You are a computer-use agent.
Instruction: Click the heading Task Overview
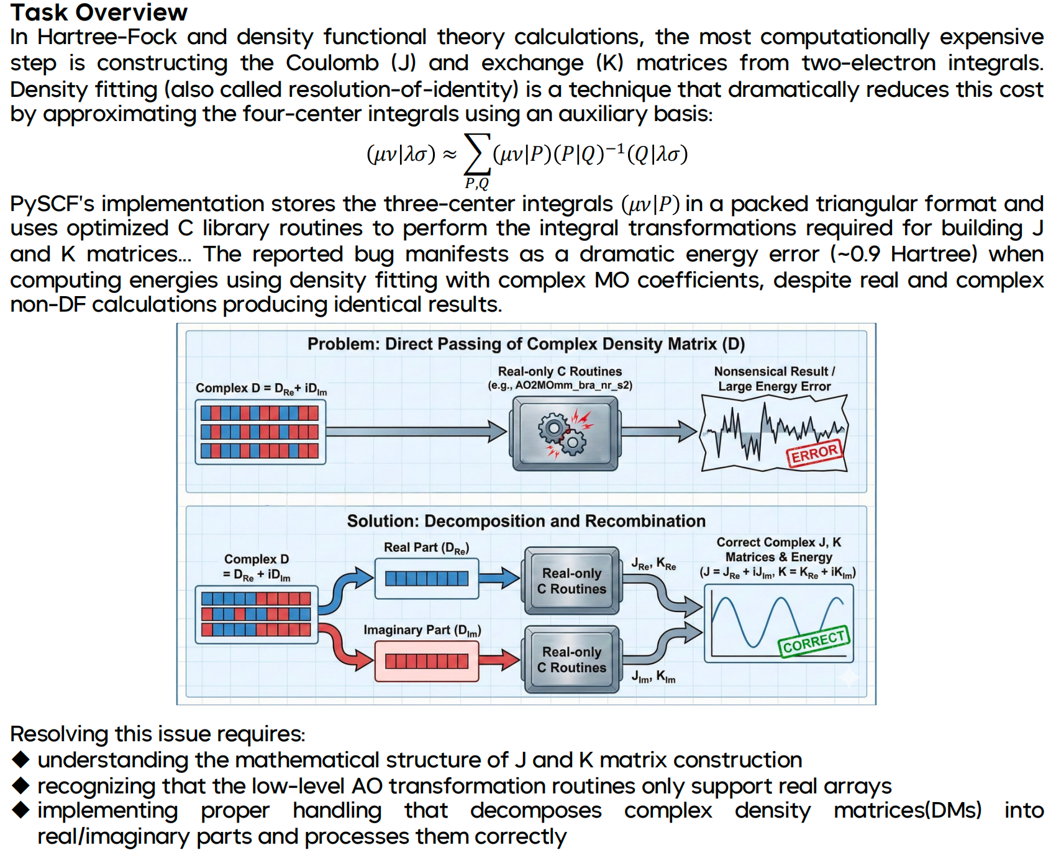click(98, 12)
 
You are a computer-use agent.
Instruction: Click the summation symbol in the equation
click(476, 154)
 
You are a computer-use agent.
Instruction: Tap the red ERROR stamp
click(814, 453)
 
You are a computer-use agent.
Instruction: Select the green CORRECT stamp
click(814, 641)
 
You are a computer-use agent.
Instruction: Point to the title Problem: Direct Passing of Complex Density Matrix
click(525, 344)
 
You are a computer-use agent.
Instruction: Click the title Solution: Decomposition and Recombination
click(525, 521)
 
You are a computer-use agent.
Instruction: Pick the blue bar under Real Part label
click(426, 579)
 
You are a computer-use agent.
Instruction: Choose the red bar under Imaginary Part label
click(426, 661)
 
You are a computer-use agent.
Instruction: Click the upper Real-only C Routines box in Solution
click(571, 581)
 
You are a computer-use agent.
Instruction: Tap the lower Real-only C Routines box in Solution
click(571, 659)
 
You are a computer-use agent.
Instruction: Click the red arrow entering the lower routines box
click(500, 660)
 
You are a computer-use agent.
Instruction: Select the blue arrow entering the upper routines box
click(500, 578)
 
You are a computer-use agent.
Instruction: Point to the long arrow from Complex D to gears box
click(416, 431)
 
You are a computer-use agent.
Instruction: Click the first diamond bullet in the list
click(21, 759)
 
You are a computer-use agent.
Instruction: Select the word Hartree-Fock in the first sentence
click(107, 37)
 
